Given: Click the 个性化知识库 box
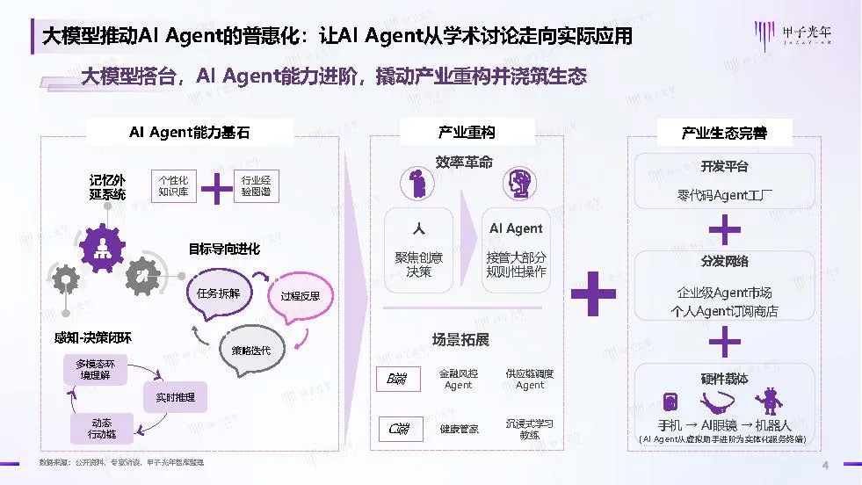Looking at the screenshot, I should pyautogui.click(x=173, y=186).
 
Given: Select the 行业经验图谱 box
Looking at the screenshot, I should pyautogui.click(x=256, y=186).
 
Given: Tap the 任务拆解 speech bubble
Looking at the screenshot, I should pyautogui.click(x=219, y=293).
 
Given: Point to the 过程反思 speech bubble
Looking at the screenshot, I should pyautogui.click(x=300, y=296).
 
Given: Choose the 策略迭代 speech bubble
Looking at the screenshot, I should pyautogui.click(x=250, y=351).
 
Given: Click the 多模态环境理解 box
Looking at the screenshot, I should pyautogui.click(x=95, y=369).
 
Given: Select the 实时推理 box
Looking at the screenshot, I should pyautogui.click(x=175, y=397).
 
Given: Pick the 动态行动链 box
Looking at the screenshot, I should pyautogui.click(x=102, y=429).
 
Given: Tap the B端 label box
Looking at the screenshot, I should pyautogui.click(x=396, y=379).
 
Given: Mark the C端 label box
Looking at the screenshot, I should pyautogui.click(x=396, y=429).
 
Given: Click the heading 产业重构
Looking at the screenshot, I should pyautogui.click(x=467, y=133).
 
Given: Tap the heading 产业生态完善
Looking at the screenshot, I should pyautogui.click(x=724, y=133).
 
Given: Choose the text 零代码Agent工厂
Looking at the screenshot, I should pyautogui.click(x=725, y=194).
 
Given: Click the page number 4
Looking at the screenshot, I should pyautogui.click(x=824, y=465).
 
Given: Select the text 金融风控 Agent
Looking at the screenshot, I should pyautogui.click(x=458, y=379).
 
